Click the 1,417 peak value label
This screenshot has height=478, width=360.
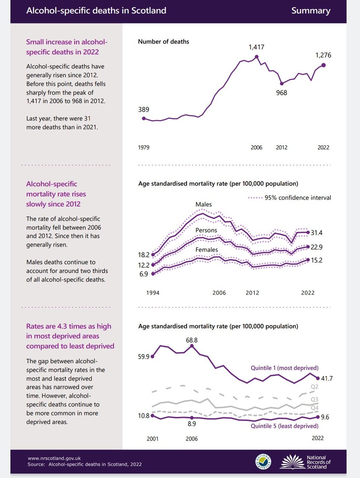[256, 47]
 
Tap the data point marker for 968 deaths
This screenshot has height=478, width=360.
[281, 84]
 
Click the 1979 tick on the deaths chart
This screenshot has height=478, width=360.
[144, 147]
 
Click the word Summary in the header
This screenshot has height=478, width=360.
[311, 11]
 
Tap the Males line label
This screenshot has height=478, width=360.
[203, 204]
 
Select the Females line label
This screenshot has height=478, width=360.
[207, 250]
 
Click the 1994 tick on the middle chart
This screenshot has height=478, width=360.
[153, 293]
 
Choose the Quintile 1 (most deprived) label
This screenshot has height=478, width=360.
[284, 368]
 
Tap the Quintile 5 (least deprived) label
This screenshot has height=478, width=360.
[284, 426]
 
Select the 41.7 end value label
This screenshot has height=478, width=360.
[326, 378]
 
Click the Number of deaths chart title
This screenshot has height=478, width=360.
[163, 41]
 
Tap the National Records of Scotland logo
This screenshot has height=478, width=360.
[305, 462]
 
